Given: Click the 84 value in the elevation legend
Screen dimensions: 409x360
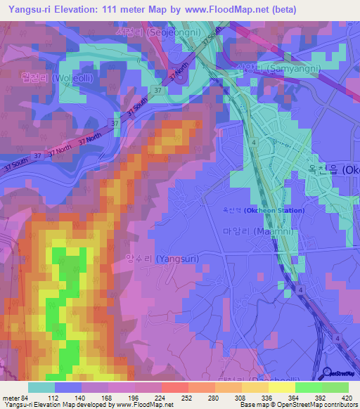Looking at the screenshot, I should click(23, 397).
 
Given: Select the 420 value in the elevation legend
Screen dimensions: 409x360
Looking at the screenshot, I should click(345, 397).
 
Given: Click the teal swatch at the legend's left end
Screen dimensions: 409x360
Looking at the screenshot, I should click(41, 387).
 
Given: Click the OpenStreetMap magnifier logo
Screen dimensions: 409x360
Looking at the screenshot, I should click(328, 372).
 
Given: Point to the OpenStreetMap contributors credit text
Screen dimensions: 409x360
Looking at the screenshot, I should click(316, 404).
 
